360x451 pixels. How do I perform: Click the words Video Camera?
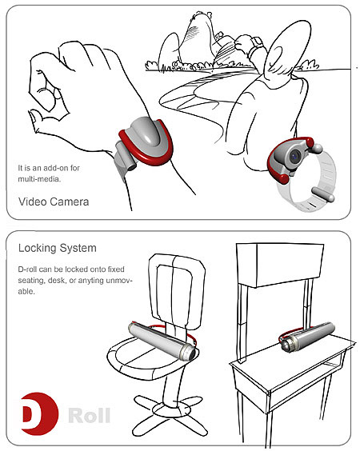coord(54,202)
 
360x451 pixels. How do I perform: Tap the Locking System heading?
coord(58,248)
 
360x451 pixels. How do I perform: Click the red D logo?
coord(40,413)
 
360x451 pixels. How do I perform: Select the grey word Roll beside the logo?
coord(90,415)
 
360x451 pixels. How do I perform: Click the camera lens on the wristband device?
coord(295,156)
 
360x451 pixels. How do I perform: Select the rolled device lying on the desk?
coord(307,337)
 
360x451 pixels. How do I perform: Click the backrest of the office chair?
coord(176,290)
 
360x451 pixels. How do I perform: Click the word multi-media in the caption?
coord(39,179)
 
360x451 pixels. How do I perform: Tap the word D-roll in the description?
coord(27,269)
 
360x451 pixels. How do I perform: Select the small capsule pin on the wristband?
coord(323,194)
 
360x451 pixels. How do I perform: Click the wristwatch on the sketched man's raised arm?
coord(257,43)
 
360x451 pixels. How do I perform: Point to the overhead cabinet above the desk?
coord(280,265)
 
